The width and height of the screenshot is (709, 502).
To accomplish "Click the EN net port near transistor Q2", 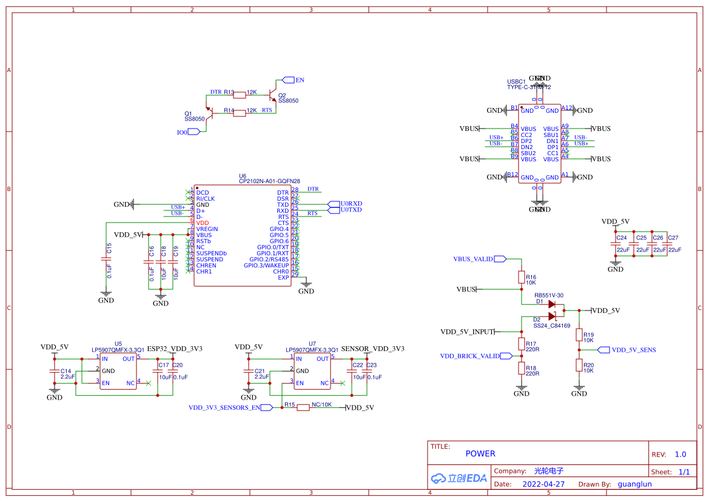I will coord(290,80).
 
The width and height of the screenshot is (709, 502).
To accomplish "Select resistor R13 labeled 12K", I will coord(240,94).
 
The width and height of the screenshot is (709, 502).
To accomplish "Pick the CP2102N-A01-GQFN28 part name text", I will coord(269,181).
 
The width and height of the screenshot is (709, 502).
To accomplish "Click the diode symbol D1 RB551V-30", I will coord(552,304).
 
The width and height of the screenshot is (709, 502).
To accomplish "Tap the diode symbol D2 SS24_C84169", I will coord(552,316).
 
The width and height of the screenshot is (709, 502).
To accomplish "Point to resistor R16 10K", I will coord(522,277).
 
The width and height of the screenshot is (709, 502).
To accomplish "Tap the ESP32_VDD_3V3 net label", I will coord(175,349).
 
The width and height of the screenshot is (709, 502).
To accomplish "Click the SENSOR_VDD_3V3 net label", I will coord(372,349).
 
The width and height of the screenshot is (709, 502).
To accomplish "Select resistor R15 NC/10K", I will coord(303,407).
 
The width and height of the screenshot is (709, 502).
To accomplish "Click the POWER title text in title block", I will coord(480,453).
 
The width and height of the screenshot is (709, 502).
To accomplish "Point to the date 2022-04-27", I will coord(543,484).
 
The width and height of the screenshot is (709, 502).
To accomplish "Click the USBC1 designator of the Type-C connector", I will coord(516,81).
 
